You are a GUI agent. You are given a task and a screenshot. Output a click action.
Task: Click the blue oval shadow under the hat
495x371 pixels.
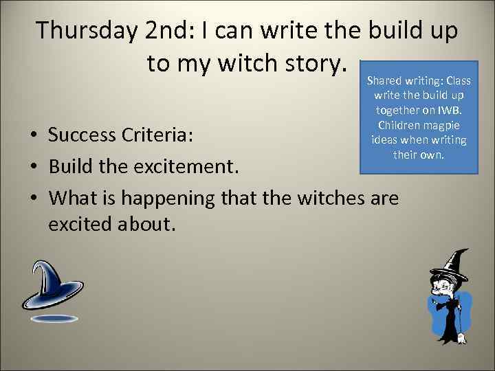tap(54, 319)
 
